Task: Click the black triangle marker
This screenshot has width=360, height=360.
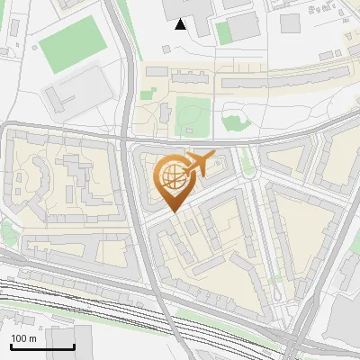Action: (x=181, y=24)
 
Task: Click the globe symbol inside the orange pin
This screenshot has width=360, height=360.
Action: (x=171, y=175)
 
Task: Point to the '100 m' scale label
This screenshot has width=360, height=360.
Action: (x=23, y=338)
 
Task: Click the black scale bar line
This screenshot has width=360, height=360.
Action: (x=42, y=346)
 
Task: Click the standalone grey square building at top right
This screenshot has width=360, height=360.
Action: (x=290, y=22)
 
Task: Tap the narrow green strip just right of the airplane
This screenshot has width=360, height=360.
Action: (x=245, y=162)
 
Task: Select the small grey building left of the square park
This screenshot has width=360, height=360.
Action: (x=166, y=113)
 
